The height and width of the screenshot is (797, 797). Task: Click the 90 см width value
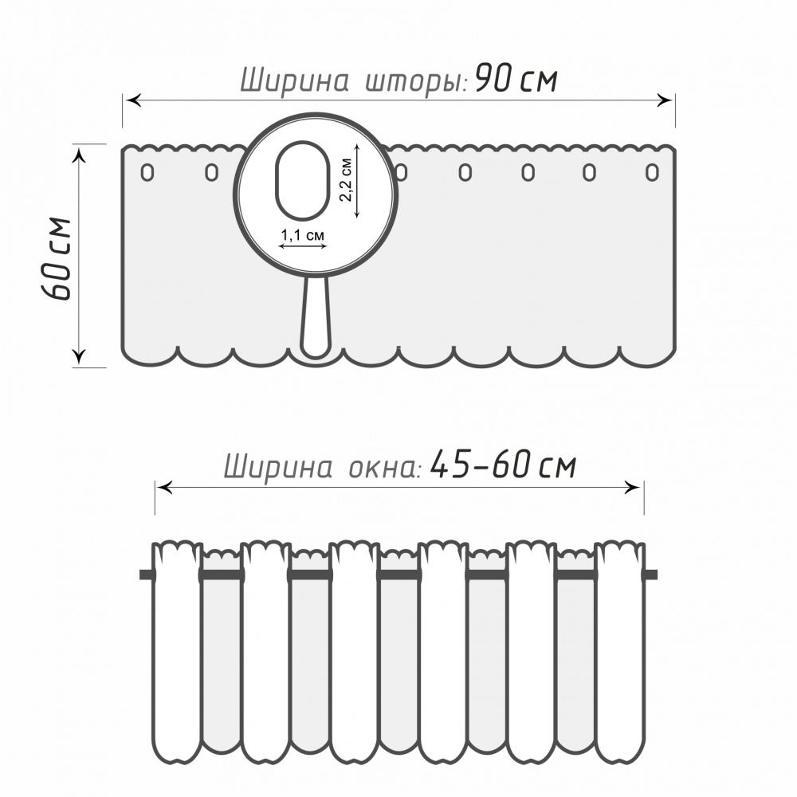pyautogui.click(x=516, y=79)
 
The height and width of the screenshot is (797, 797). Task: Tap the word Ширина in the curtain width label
pyautogui.click(x=294, y=80)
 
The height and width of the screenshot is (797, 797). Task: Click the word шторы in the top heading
pyautogui.click(x=416, y=82)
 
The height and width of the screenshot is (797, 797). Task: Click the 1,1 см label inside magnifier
pyautogui.click(x=302, y=235)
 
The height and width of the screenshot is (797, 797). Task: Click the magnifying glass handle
pyautogui.click(x=316, y=318)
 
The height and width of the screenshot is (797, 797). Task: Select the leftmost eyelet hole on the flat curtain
pyautogui.click(x=147, y=173)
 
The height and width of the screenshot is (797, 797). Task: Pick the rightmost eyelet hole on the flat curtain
pyautogui.click(x=652, y=173)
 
